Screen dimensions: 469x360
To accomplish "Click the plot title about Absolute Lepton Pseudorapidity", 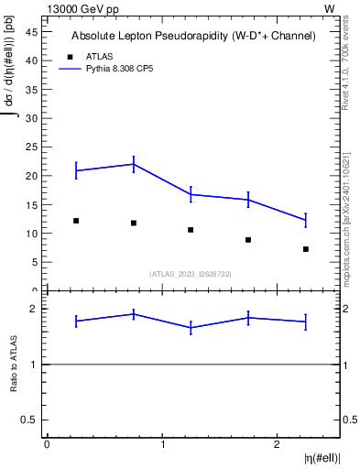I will [x=193, y=36].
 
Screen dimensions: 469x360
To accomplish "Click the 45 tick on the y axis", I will [x=30, y=31].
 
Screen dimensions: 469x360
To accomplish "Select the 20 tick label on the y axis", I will [x=30, y=176].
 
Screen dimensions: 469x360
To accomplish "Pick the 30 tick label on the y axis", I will [x=30, y=118].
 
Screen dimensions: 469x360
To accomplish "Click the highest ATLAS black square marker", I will [x=76, y=221].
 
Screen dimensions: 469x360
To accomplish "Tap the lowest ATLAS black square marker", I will [x=306, y=249].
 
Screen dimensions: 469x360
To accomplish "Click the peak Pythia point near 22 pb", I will [x=134, y=164].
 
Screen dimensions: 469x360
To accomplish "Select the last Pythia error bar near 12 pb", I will [x=306, y=220].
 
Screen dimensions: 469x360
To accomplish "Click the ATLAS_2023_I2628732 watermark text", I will [x=192, y=274].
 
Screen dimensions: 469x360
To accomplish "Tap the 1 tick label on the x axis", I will [x=162, y=444].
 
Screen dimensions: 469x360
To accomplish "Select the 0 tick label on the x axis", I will [x=47, y=444].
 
